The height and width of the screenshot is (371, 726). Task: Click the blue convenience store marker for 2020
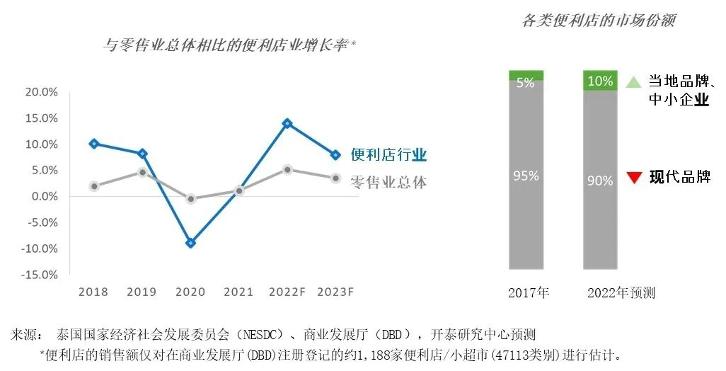coord(190,243)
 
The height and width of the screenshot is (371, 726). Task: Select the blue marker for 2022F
coord(287,123)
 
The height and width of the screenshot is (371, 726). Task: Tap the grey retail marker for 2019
coord(142,172)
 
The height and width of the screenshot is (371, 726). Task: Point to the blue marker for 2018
coord(94,144)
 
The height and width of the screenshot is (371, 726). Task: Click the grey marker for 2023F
coord(335,178)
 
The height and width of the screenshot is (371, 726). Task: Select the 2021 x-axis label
coord(238,292)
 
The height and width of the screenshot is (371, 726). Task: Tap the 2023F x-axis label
coord(335,292)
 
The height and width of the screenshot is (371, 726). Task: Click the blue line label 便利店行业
coord(388,155)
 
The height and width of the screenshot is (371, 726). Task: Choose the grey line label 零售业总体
coord(388,183)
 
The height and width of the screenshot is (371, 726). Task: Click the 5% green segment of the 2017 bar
coord(526,76)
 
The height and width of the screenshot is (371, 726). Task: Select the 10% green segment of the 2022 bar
coord(600,80)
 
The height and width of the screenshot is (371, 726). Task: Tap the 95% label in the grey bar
coord(526,176)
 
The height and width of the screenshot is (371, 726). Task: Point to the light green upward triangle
coord(633,82)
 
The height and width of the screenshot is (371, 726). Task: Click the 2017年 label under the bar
coord(529,292)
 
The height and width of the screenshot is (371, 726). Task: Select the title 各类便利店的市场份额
coord(598,21)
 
